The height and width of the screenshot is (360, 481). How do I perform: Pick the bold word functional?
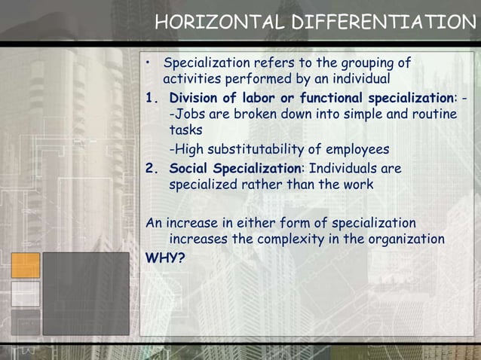pos(331,99)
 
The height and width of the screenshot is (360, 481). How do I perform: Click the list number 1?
pos(151,99)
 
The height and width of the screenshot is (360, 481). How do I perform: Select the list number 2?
pos(152,168)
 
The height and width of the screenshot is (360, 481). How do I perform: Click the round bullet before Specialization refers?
pos(151,62)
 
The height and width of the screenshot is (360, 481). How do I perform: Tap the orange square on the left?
pos(25,265)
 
